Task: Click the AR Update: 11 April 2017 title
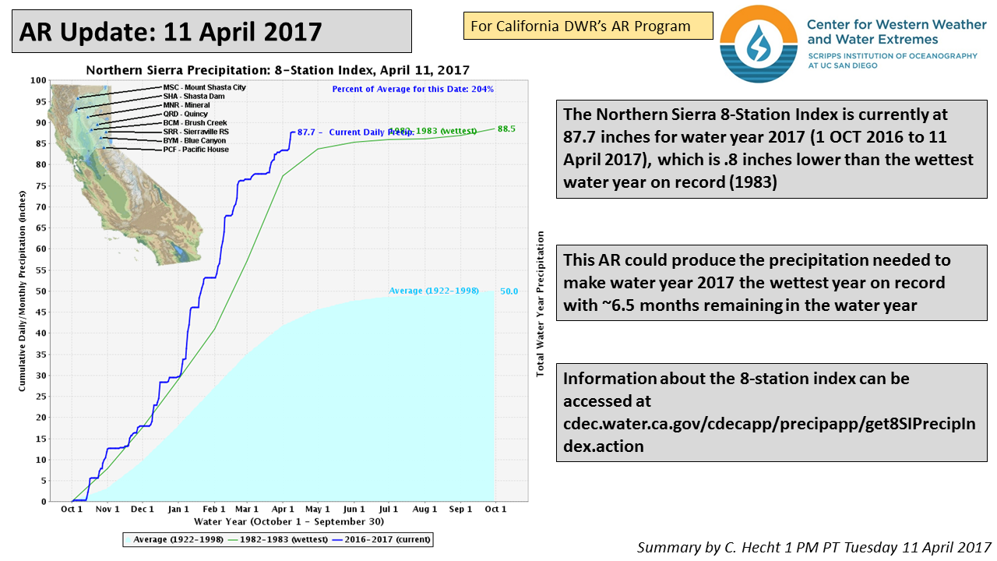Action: tap(171, 31)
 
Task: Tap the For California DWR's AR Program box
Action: tap(588, 26)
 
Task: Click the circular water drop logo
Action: tap(759, 44)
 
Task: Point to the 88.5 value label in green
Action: tap(506, 129)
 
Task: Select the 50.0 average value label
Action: tap(509, 291)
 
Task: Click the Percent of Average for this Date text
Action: tap(413, 89)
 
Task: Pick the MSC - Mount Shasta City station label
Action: tap(204, 87)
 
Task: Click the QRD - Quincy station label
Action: tap(185, 114)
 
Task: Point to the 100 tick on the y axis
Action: tap(38, 80)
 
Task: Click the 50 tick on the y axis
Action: tap(41, 291)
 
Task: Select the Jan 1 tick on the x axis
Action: tap(178, 510)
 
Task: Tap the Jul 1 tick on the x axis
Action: tap(389, 510)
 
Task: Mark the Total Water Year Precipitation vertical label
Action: tap(539, 304)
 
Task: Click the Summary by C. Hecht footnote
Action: tap(813, 547)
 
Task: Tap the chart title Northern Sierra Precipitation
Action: tap(277, 69)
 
